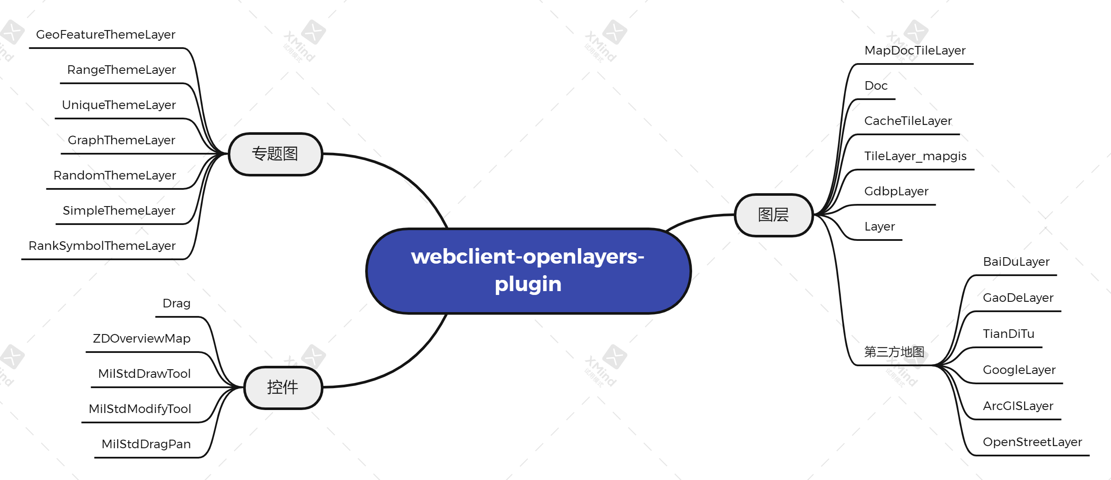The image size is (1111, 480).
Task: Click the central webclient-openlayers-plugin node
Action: tap(528, 270)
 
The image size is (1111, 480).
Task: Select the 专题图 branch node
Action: tap(275, 154)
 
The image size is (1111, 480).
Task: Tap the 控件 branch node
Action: tap(283, 387)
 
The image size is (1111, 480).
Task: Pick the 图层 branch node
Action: tap(774, 215)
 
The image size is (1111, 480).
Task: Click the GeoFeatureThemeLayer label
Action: tap(106, 34)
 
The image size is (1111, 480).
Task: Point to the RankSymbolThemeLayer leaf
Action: tap(102, 246)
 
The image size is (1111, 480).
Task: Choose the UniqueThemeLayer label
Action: tap(119, 105)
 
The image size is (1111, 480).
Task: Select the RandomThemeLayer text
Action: tap(115, 175)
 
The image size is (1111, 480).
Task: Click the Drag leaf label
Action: tap(177, 304)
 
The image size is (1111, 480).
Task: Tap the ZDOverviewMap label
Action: tap(141, 338)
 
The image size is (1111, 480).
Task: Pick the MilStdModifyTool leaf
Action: tap(140, 408)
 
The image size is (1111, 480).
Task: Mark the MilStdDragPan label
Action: tap(146, 444)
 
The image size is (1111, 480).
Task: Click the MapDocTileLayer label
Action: tap(915, 50)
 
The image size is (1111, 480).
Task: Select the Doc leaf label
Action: tap(876, 85)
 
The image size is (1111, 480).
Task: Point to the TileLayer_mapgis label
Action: tap(915, 156)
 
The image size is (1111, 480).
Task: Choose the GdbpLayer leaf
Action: tap(896, 191)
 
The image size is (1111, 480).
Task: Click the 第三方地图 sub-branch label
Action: tap(894, 352)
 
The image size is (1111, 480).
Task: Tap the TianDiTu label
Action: tap(1008, 334)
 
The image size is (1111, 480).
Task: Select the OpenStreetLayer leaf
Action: tap(1032, 442)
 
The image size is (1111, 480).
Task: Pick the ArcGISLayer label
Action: tap(1018, 406)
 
